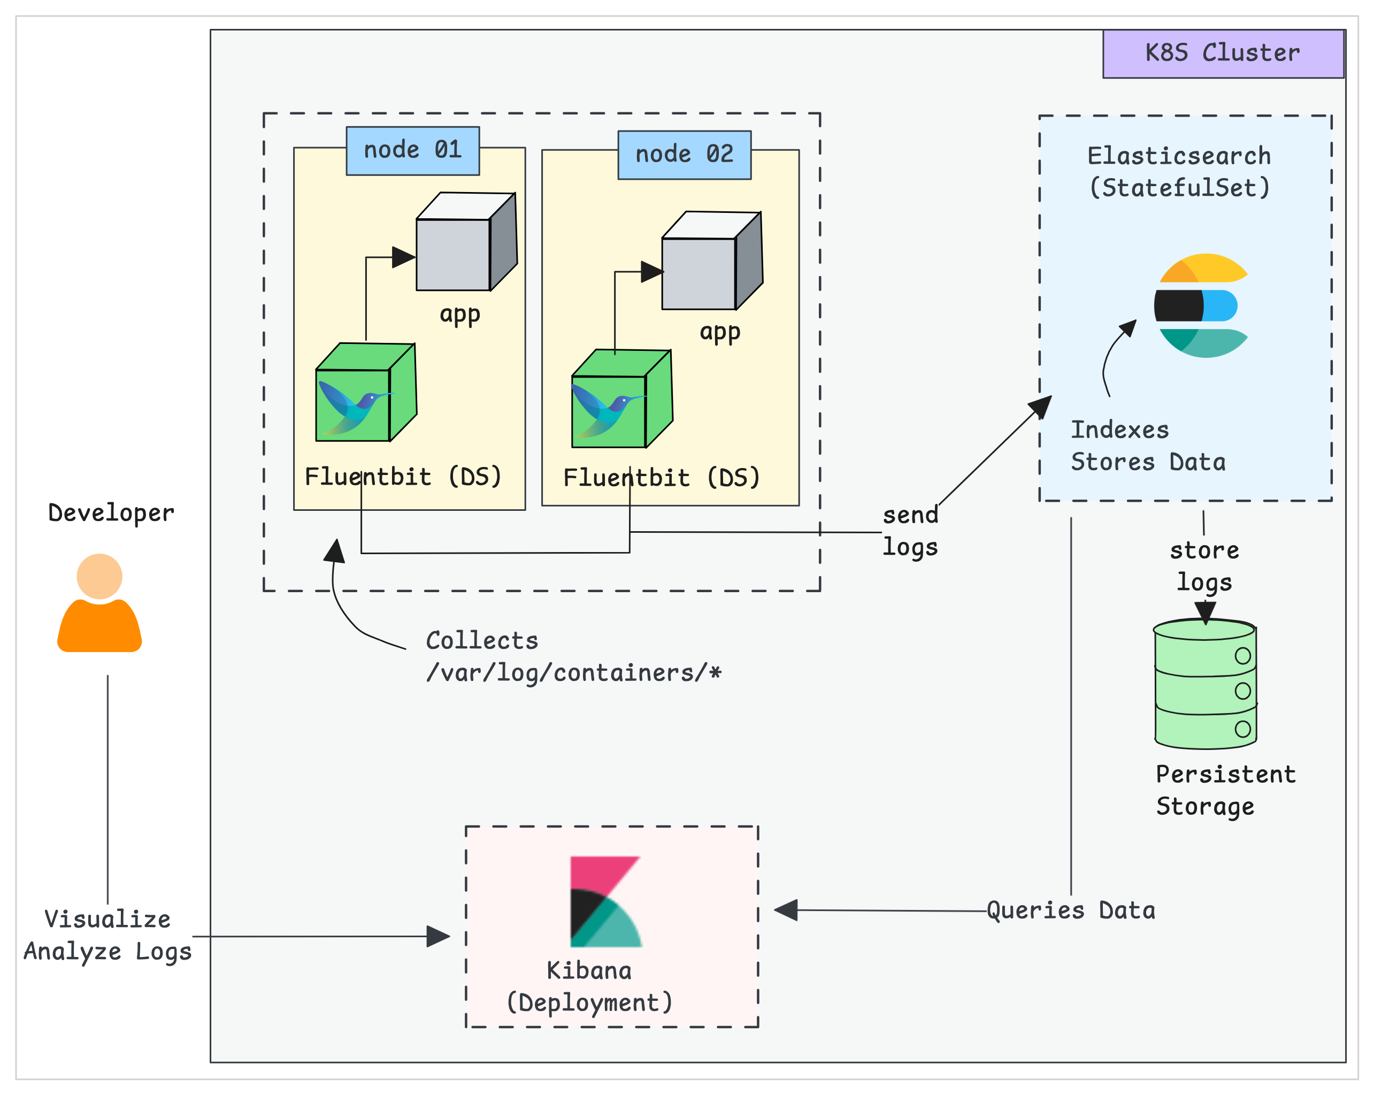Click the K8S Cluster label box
1223,53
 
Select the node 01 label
412,150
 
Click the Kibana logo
605,901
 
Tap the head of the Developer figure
99,576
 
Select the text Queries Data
1071,910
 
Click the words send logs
910,531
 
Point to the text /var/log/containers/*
573,673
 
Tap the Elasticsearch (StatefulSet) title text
1179,172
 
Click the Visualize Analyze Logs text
108,935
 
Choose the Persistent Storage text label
1225,790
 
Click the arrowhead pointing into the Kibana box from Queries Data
786,910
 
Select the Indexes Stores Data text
1147,446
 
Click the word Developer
111,513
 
